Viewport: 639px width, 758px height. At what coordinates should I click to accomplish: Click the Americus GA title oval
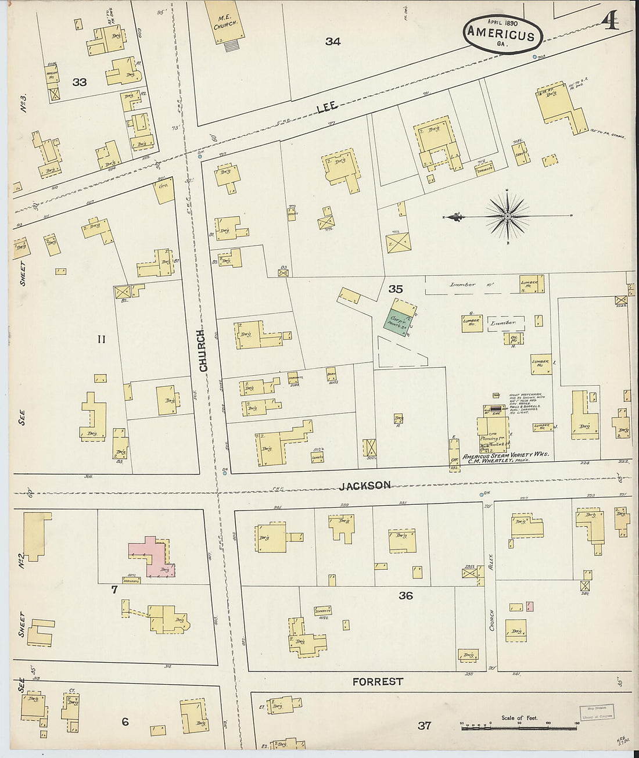[502, 34]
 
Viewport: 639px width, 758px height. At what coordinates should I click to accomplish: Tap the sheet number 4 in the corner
[610, 21]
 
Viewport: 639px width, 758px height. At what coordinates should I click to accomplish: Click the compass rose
[508, 217]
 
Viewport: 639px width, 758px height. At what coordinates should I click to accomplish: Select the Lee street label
[327, 108]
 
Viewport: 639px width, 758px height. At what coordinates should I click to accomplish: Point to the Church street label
[203, 351]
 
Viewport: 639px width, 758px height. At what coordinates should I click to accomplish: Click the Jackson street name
[365, 485]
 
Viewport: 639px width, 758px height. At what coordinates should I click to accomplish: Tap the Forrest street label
[378, 681]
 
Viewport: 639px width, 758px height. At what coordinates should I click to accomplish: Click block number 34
[333, 41]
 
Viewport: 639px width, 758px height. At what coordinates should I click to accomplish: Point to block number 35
[396, 289]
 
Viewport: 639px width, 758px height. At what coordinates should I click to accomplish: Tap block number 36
[405, 595]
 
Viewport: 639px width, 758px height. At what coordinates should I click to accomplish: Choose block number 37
[425, 725]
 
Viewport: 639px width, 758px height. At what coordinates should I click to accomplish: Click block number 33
[80, 82]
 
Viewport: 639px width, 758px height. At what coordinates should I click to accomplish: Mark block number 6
[125, 722]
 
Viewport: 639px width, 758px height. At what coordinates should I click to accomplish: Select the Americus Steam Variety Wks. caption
[505, 455]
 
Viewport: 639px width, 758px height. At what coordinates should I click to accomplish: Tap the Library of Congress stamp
[597, 712]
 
